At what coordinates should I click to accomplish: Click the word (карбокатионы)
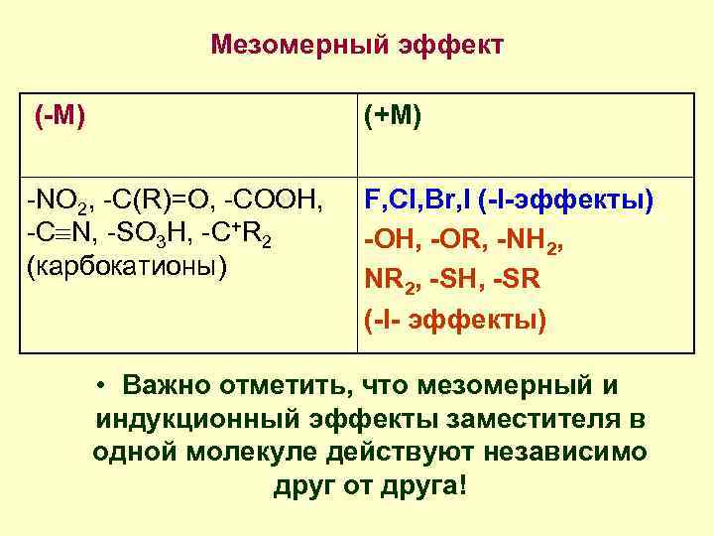pyautogui.click(x=129, y=268)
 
